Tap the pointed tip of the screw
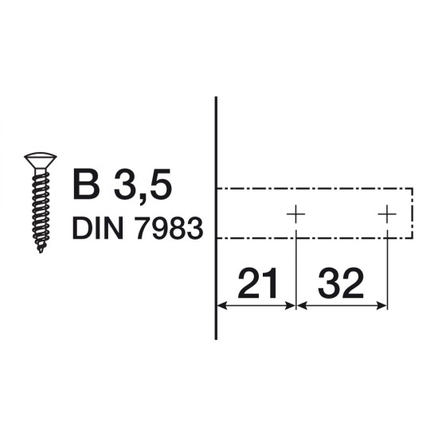(x=37, y=251)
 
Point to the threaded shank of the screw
(x=37, y=207)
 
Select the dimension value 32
(x=341, y=282)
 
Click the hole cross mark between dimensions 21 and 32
(x=295, y=213)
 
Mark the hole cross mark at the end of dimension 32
(x=387, y=213)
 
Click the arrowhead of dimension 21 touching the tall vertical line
(x=223, y=306)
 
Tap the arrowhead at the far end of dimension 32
(x=381, y=306)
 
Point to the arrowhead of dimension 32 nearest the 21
(x=301, y=306)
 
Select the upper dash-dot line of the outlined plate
(x=319, y=189)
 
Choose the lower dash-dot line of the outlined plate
(x=319, y=238)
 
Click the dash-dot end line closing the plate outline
(x=413, y=213)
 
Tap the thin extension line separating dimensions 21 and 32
(x=295, y=263)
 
